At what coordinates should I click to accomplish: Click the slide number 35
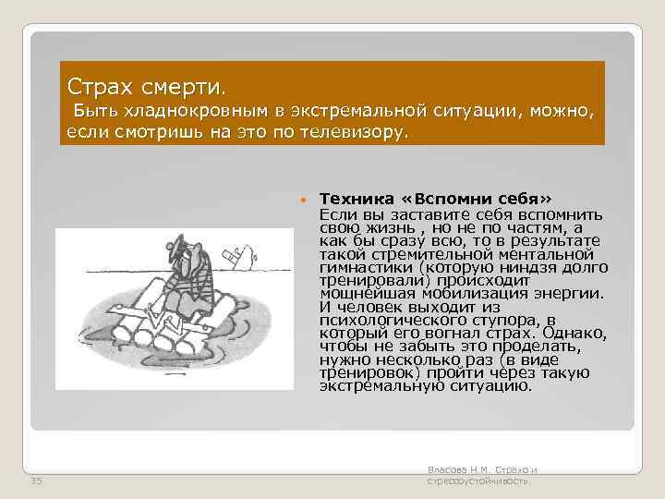pyautogui.click(x=36, y=481)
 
